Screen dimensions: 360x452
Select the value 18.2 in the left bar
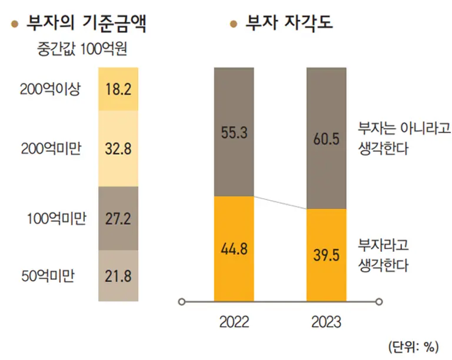tap(118, 89)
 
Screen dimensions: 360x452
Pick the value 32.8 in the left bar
tap(118, 149)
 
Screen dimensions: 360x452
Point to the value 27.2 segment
tap(118, 218)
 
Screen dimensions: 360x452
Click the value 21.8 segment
tap(118, 275)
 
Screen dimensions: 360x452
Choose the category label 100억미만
tap(56, 218)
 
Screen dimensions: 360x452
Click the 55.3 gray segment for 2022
tap(234, 132)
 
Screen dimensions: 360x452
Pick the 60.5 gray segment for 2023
tap(326, 139)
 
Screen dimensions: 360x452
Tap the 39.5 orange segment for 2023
tap(326, 255)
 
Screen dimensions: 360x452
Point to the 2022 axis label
tap(234, 323)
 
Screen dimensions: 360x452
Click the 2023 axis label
tap(326, 323)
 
